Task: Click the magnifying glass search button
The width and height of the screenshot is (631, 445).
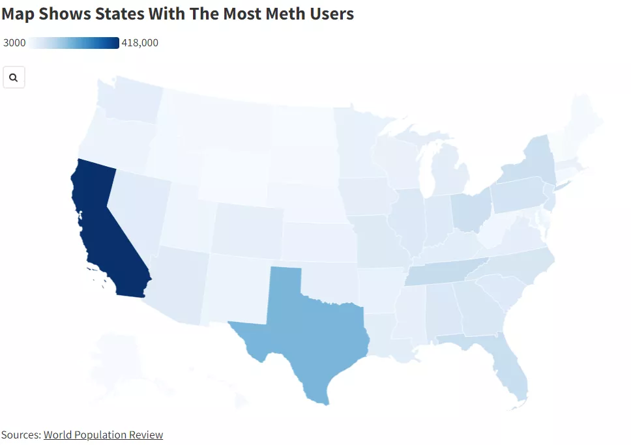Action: click(x=14, y=78)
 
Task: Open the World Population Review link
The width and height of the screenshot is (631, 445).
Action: click(x=103, y=435)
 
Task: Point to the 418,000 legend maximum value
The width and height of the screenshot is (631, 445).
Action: click(x=140, y=43)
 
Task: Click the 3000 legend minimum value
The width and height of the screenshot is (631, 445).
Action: click(x=14, y=43)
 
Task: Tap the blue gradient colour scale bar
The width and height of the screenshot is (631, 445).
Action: click(x=74, y=43)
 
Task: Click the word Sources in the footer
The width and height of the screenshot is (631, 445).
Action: click(x=20, y=435)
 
